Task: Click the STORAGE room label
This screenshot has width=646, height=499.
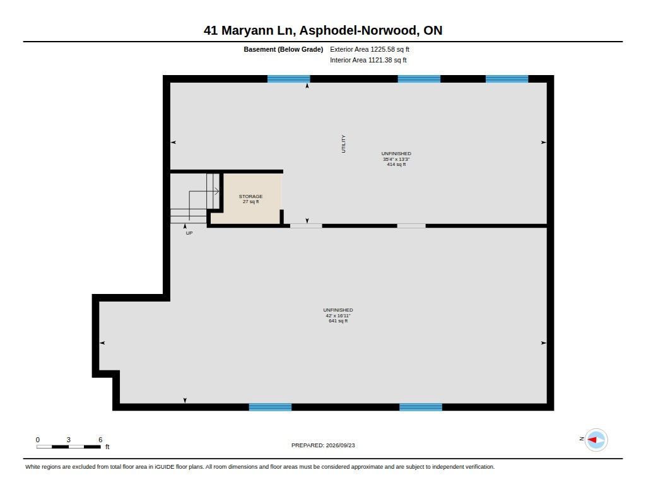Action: (250, 197)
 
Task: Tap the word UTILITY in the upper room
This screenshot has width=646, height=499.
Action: (344, 144)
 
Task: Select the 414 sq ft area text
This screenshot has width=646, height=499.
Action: (396, 165)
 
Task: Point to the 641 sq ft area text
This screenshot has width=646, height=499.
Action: (338, 321)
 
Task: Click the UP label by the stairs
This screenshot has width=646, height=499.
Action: (189, 233)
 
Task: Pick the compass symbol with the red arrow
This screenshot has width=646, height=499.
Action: (596, 440)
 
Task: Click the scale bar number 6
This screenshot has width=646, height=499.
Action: (100, 440)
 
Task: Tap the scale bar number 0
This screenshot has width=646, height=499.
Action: (38, 440)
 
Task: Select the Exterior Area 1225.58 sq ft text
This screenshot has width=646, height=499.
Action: (370, 49)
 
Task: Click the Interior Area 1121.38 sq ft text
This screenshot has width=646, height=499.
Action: (368, 60)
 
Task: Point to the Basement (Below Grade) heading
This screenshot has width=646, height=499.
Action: (283, 49)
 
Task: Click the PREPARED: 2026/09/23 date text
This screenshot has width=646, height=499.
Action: (323, 445)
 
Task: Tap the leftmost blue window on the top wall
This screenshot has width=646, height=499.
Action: (289, 79)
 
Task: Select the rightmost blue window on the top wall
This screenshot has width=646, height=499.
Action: (507, 79)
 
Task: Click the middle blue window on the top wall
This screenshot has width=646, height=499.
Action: (419, 79)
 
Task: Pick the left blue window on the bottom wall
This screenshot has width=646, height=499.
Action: (270, 407)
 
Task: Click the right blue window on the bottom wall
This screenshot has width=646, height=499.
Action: (421, 407)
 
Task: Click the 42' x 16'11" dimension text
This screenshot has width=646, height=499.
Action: (338, 315)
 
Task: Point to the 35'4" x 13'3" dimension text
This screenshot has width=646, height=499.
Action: (396, 159)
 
